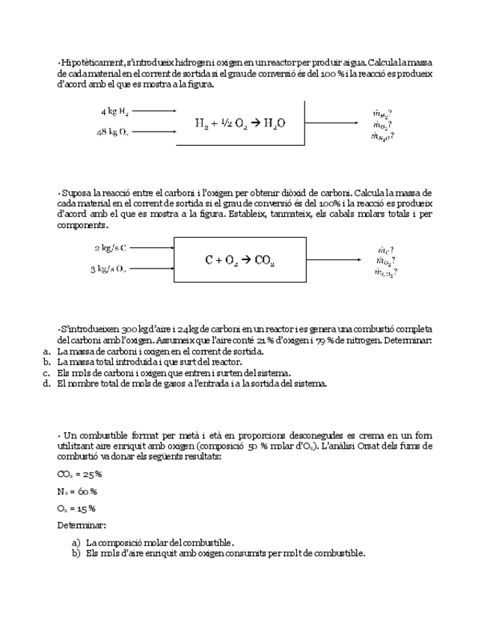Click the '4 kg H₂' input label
(114, 111)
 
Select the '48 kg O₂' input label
(112, 132)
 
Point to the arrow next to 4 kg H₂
(154, 111)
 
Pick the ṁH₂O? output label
(383, 136)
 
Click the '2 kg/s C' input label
(110, 247)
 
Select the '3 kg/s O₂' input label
(109, 269)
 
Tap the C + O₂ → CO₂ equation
(239, 260)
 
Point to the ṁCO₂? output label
(385, 272)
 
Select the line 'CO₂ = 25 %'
(79, 474)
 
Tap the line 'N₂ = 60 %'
(77, 491)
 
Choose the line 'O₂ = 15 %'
(76, 508)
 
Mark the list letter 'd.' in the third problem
(46, 384)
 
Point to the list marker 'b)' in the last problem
(76, 553)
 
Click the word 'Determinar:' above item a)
(81, 525)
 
